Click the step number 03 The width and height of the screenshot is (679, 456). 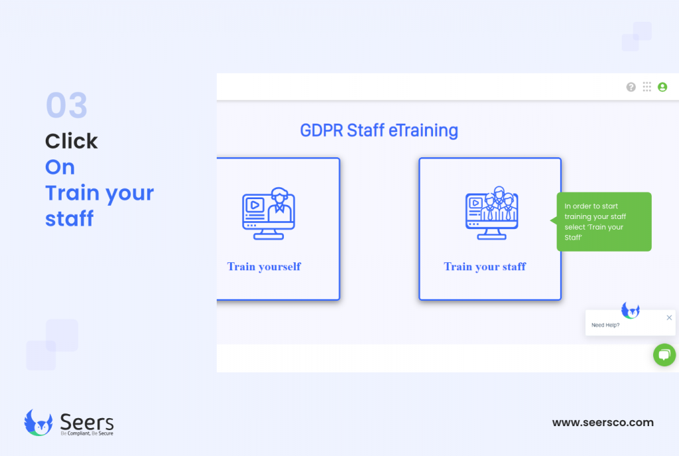(66, 106)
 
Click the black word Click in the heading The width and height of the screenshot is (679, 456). (72, 141)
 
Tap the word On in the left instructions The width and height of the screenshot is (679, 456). (60, 167)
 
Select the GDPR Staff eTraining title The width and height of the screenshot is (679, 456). (379, 130)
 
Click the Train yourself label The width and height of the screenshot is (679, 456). (264, 267)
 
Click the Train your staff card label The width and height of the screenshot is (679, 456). (485, 267)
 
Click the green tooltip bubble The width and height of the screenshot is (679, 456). (603, 222)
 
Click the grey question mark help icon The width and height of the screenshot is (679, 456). (631, 87)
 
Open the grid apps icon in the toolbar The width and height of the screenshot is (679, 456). (647, 87)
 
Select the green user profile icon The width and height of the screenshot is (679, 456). (662, 87)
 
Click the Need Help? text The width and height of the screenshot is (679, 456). (605, 325)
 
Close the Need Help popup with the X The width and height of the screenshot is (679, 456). (669, 318)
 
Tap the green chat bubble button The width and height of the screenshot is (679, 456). (664, 354)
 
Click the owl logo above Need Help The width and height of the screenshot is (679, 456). (630, 310)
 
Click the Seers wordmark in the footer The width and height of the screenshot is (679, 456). (87, 421)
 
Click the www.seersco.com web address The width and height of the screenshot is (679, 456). (603, 422)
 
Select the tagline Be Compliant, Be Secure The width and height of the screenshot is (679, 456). (87, 433)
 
